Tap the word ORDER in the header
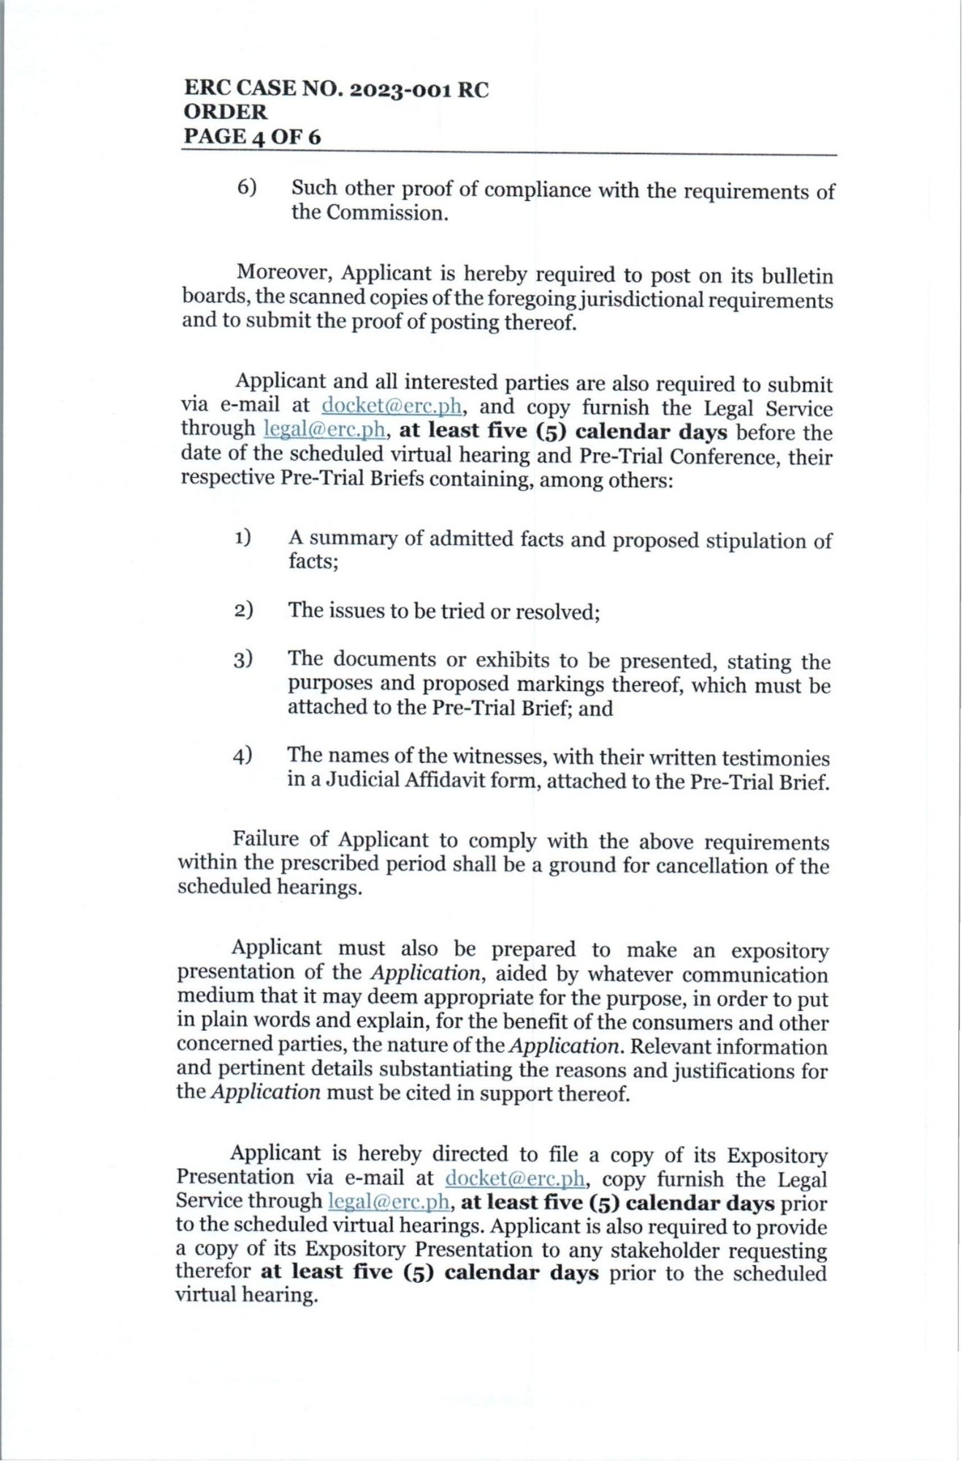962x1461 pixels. tap(226, 112)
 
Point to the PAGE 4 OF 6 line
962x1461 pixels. tap(252, 137)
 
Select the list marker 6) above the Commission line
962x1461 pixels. tap(246, 187)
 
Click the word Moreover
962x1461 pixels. tap(284, 274)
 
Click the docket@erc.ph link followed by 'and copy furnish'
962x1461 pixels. tap(392, 405)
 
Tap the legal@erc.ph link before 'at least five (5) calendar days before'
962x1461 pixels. tap(324, 430)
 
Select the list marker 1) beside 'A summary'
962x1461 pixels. tap(243, 538)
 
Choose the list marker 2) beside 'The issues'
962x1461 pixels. tap(243, 610)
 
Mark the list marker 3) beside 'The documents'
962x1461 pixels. tap(243, 660)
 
